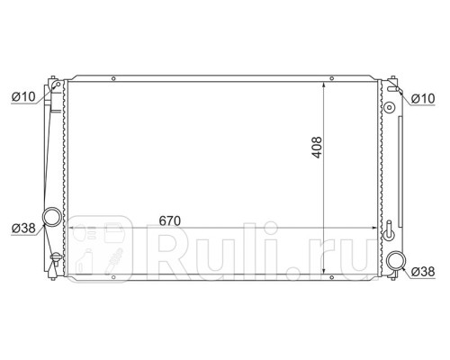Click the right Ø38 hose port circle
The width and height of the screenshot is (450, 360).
396,262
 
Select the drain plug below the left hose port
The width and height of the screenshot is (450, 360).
55,262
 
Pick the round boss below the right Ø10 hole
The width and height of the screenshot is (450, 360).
389,109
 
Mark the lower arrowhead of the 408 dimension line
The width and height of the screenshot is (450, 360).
324,273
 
